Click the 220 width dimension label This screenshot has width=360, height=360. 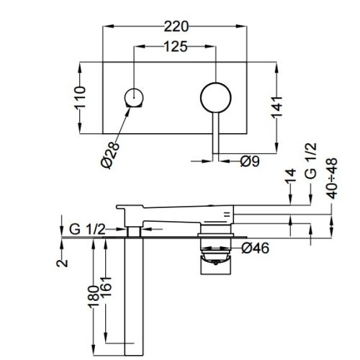click(176, 27)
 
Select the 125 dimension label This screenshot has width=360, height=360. click(175, 48)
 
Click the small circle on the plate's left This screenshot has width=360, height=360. click(135, 96)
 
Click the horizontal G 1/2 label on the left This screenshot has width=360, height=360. click(88, 229)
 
